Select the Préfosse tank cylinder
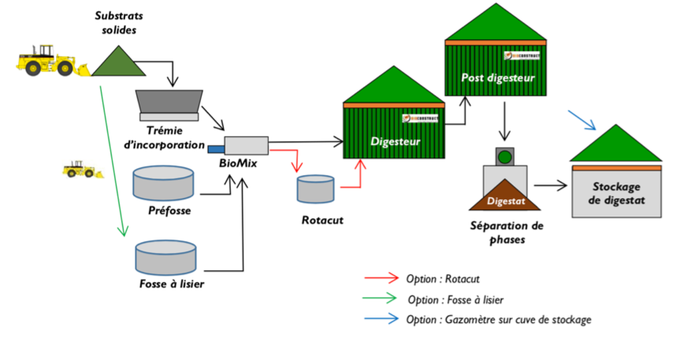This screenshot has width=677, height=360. [163, 183]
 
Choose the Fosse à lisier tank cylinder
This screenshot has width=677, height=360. [166, 256]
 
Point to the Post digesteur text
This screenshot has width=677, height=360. [498, 78]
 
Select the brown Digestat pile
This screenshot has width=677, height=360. [504, 197]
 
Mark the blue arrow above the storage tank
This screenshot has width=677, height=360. [582, 119]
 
